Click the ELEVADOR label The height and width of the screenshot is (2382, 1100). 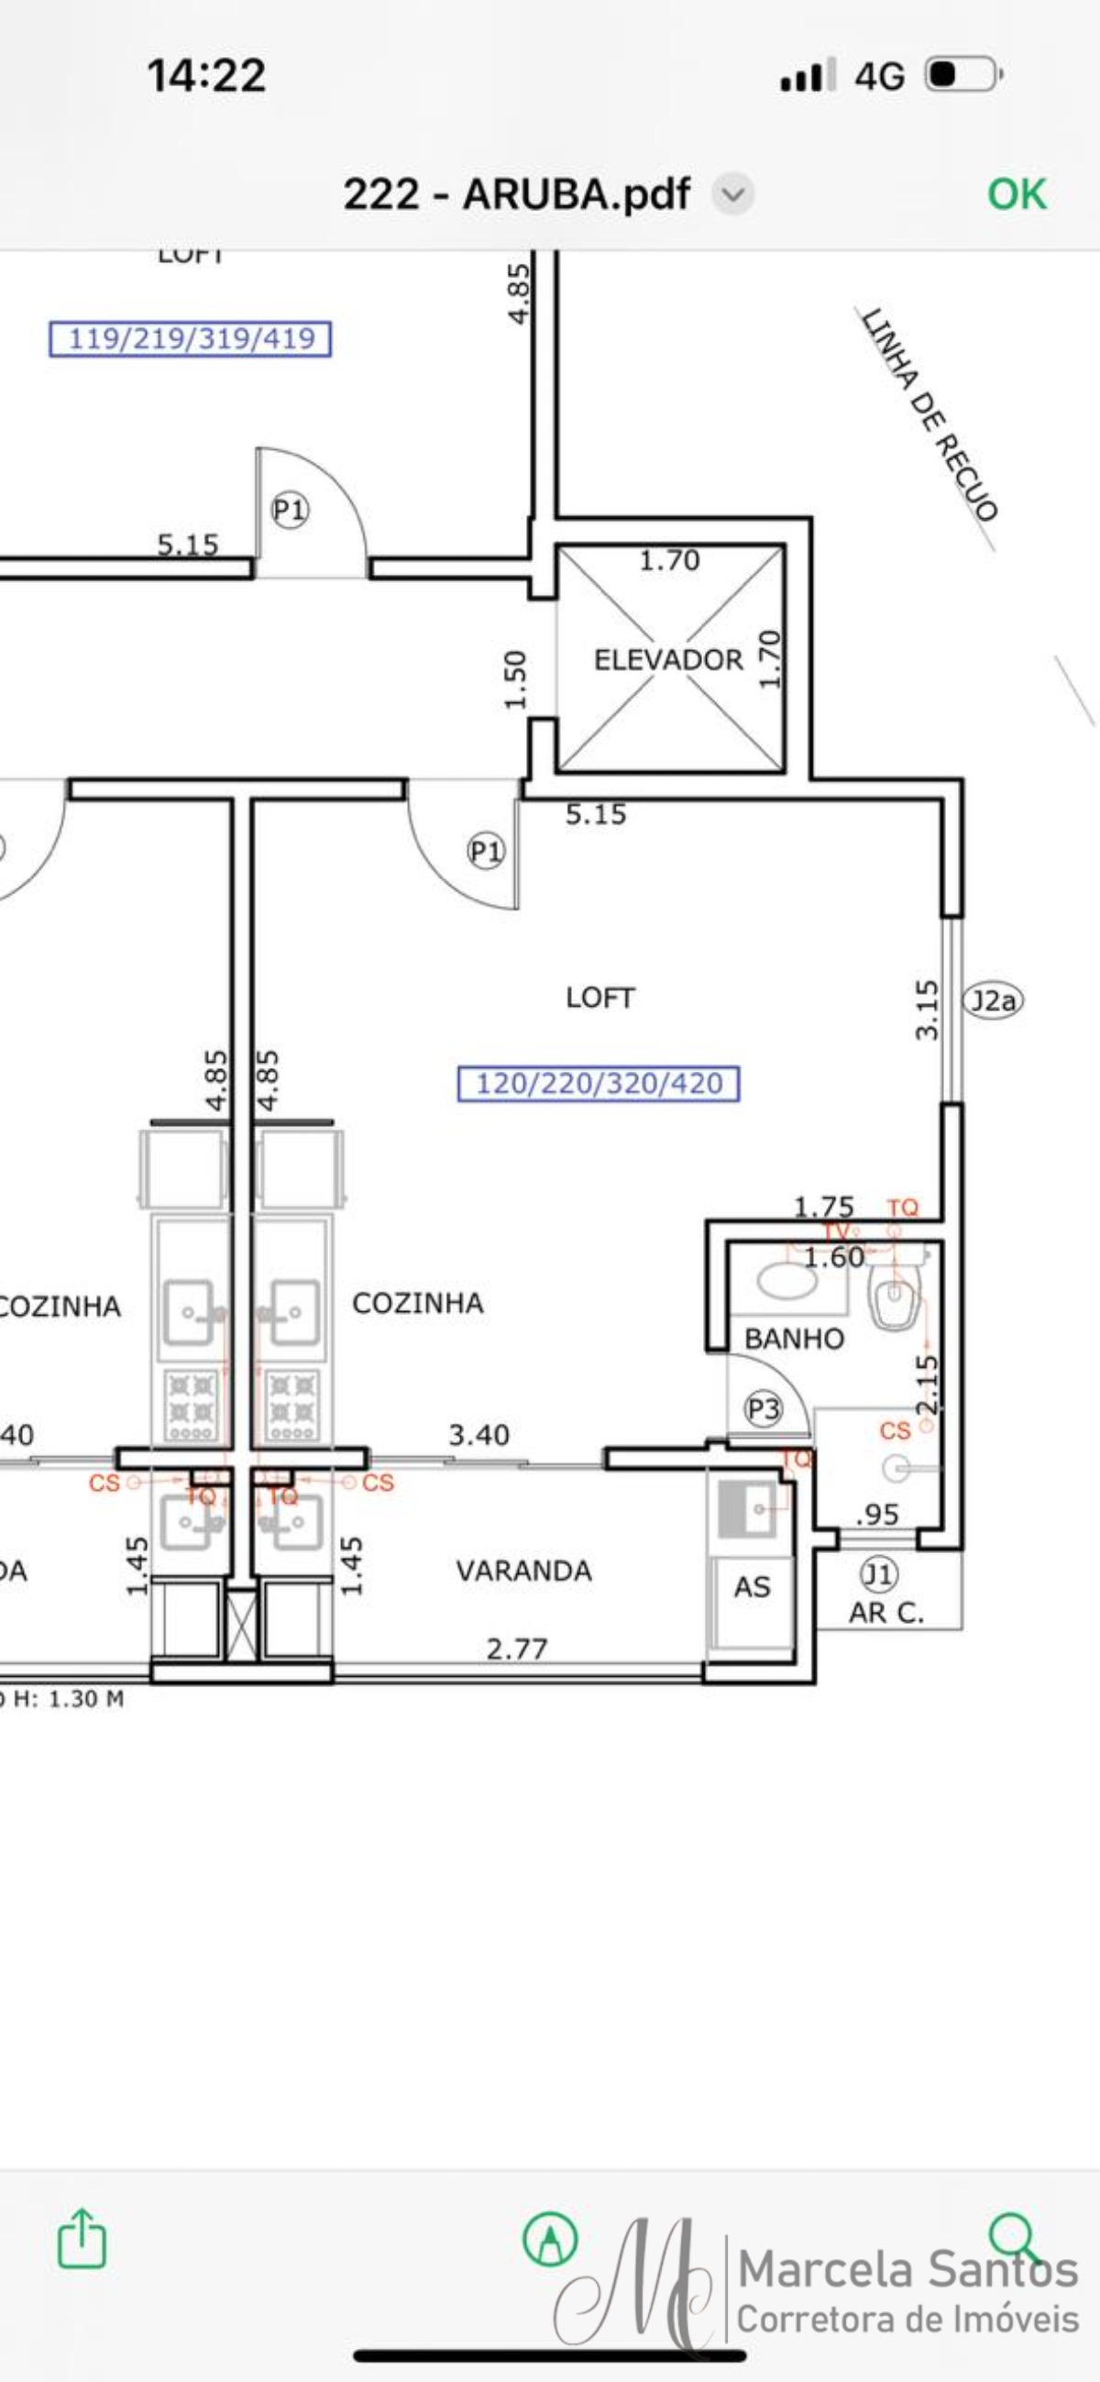[668, 659]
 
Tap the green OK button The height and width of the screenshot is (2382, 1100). [1016, 194]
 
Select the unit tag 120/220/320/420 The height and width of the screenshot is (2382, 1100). [599, 1083]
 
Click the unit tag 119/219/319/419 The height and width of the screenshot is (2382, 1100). [191, 338]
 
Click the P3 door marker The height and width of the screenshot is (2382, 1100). [764, 1409]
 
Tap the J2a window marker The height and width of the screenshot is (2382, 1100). [994, 999]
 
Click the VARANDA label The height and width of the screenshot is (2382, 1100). [524, 1571]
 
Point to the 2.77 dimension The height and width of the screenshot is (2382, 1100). [517, 1648]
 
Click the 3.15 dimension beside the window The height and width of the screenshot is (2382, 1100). [927, 1009]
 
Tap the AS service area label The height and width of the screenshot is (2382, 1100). [752, 1587]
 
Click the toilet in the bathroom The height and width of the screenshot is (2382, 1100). [893, 1296]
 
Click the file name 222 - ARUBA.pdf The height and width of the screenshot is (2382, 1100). [516, 194]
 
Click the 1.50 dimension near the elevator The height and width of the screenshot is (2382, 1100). [516, 679]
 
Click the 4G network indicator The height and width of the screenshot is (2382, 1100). [879, 76]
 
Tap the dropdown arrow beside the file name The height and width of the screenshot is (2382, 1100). [733, 194]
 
